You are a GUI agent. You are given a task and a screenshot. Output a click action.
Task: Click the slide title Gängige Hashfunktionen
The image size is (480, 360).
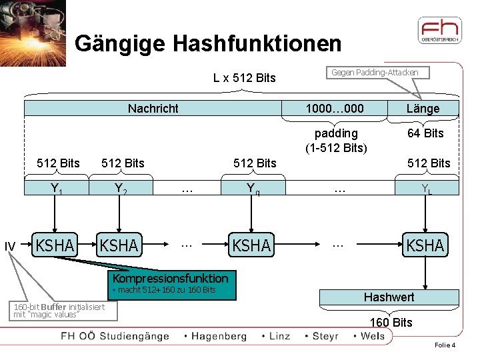(x=208, y=44)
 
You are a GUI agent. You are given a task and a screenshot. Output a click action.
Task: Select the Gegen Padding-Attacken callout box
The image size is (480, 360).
(x=375, y=72)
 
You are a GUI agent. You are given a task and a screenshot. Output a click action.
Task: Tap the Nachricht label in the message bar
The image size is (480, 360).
(x=153, y=109)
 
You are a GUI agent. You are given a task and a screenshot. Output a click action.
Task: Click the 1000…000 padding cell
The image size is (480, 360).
(x=335, y=109)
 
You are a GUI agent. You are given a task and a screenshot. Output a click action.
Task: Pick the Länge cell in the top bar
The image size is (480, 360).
(x=423, y=109)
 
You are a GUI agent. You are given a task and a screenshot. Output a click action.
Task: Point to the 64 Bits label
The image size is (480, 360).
(x=425, y=133)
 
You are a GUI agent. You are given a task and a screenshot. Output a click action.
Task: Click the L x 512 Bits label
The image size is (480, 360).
(x=244, y=78)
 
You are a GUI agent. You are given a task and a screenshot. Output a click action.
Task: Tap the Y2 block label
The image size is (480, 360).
(x=120, y=189)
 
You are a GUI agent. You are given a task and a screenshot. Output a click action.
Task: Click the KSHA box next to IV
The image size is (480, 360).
(x=55, y=245)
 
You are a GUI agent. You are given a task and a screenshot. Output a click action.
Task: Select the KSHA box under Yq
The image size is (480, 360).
(x=251, y=245)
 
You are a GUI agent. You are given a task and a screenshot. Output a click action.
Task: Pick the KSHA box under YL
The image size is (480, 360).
(x=425, y=245)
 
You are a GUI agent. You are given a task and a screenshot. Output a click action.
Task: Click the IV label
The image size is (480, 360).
(x=10, y=247)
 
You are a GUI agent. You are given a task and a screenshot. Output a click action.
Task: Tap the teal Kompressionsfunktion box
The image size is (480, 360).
(x=170, y=283)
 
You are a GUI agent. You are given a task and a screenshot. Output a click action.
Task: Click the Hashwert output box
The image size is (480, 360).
(x=389, y=297)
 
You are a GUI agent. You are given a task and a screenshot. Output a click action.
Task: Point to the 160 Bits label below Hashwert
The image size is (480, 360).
(x=391, y=323)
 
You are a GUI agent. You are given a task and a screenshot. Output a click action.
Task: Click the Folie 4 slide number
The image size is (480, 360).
(x=445, y=345)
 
